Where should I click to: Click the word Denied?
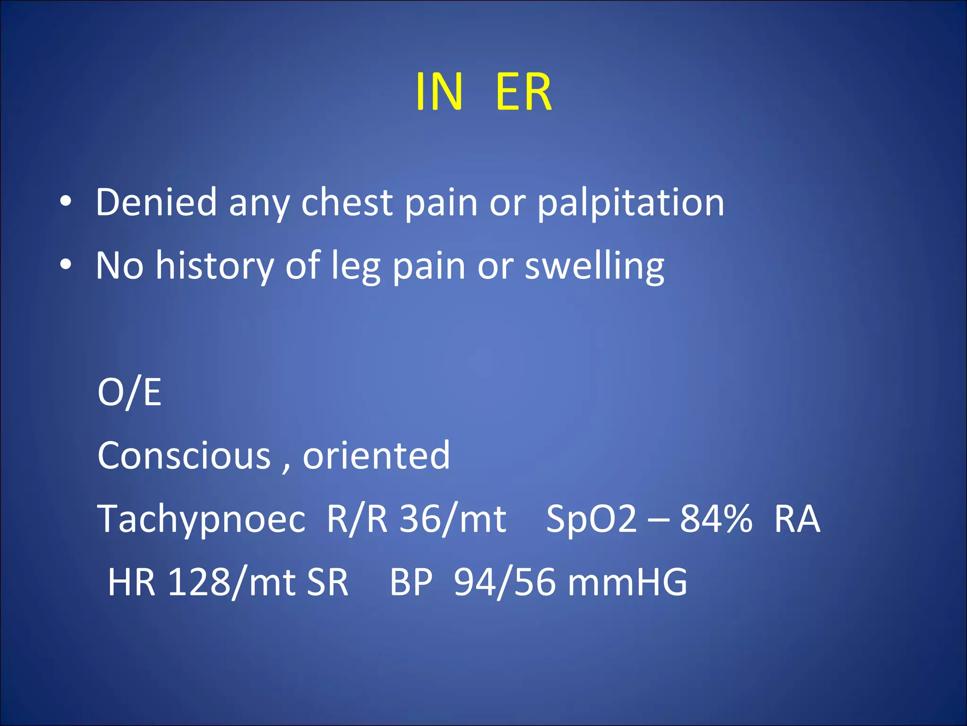[156, 202]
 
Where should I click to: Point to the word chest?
[347, 202]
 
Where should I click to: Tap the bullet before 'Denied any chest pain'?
[66, 202]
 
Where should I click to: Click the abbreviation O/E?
[129, 392]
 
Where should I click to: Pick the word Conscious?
[184, 455]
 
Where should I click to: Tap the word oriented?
[376, 455]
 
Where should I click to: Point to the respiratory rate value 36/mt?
[453, 519]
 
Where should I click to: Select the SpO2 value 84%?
[716, 519]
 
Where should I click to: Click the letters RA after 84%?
[797, 519]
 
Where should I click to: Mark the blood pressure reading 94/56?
[504, 583]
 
